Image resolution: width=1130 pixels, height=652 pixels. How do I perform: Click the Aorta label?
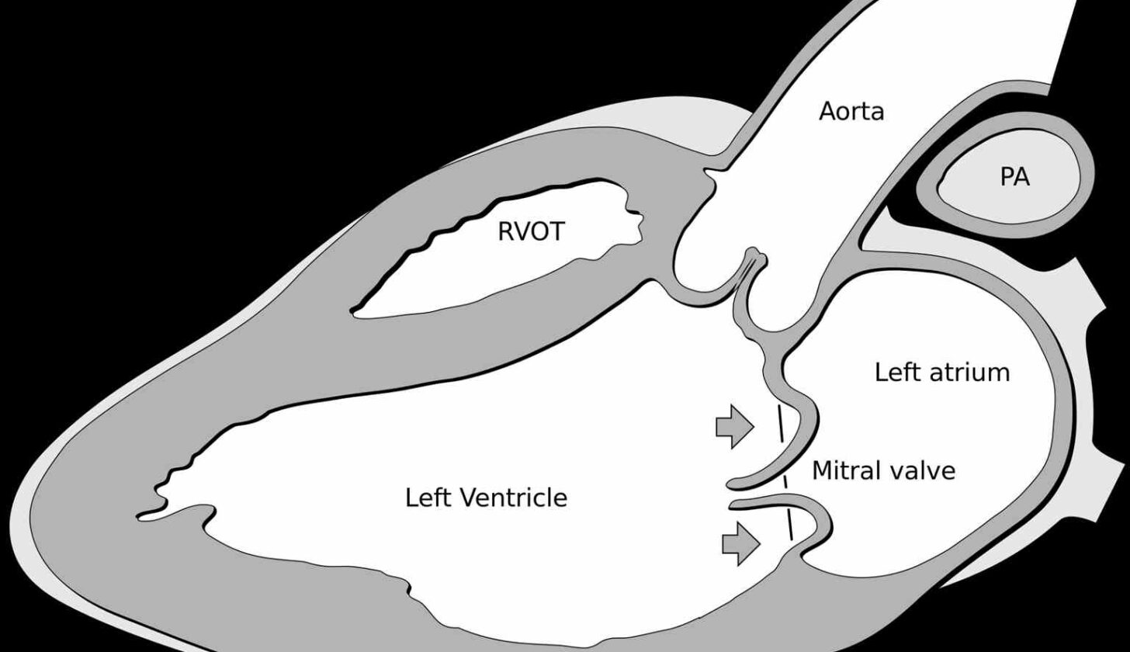click(851, 112)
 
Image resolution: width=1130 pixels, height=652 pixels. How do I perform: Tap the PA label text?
click(1014, 178)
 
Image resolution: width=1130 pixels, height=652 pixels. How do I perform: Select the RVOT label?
click(531, 232)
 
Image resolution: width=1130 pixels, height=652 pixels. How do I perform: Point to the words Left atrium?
click(942, 373)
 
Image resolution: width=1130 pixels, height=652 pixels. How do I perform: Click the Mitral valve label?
click(883, 470)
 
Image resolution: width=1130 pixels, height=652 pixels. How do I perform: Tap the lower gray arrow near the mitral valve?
click(740, 543)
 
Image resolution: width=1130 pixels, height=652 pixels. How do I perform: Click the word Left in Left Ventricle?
click(429, 498)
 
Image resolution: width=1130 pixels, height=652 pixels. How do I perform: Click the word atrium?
click(972, 373)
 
